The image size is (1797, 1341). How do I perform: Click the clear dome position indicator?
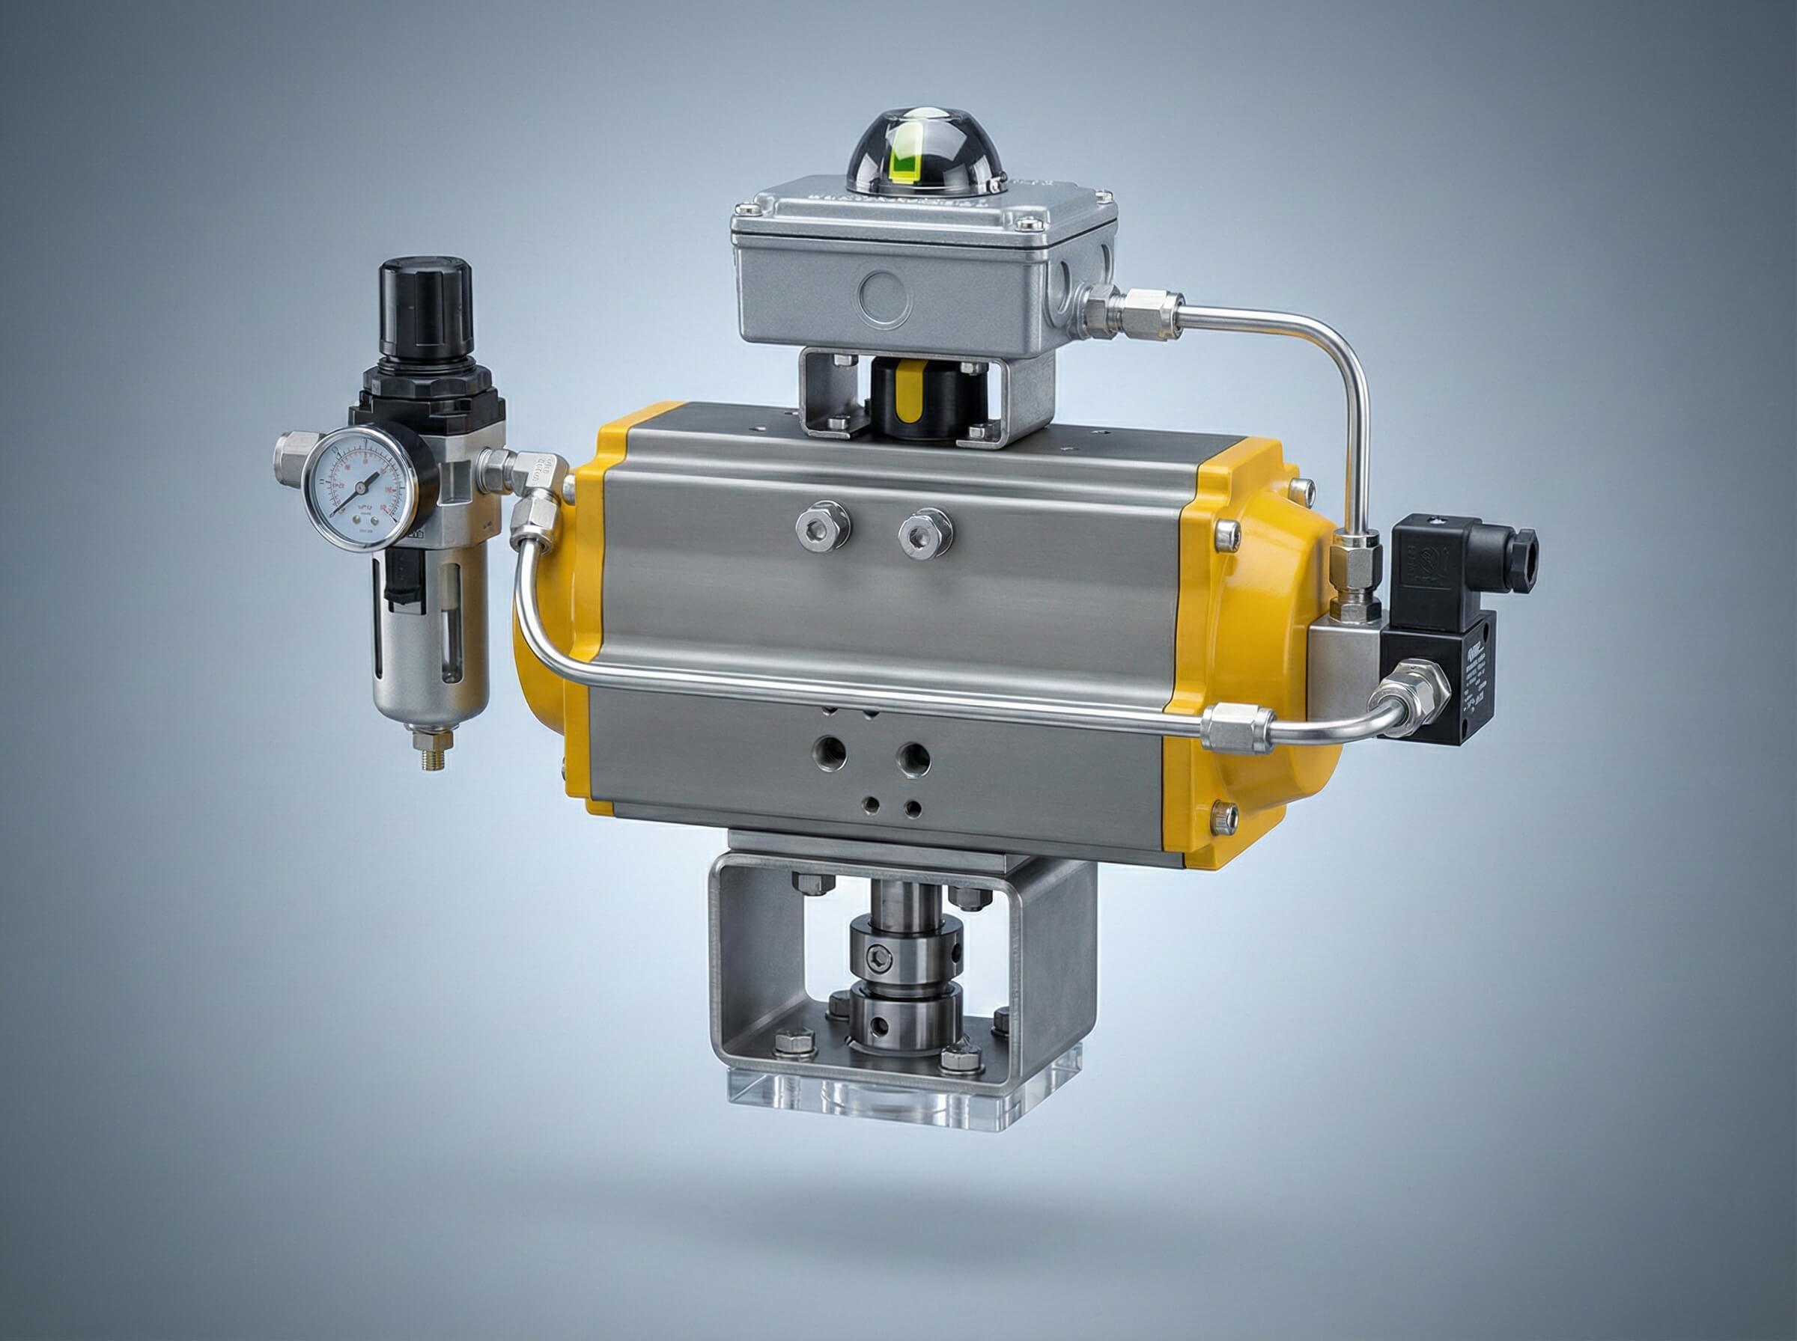coord(925,146)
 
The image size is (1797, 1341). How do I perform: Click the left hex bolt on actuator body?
coord(823,528)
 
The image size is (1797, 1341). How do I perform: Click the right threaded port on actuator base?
coord(913,759)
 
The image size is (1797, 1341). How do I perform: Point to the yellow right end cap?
coord(1242,650)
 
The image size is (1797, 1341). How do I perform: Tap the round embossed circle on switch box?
coord(885,297)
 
